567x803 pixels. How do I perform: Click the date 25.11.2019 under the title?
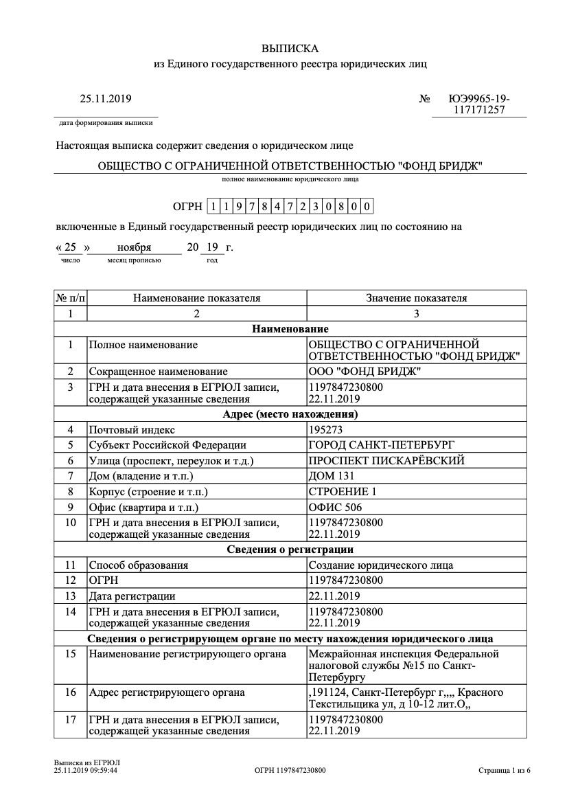(x=106, y=99)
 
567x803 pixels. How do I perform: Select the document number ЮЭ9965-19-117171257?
(x=479, y=104)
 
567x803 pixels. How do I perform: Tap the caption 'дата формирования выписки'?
(x=106, y=123)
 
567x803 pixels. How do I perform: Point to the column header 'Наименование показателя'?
(x=197, y=298)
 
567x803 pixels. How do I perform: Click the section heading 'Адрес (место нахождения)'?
(x=290, y=414)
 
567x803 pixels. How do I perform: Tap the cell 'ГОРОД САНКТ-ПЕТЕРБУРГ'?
(x=382, y=445)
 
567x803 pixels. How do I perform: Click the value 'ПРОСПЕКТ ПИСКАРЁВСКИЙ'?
(x=386, y=460)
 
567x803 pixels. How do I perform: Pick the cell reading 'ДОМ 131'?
(x=332, y=476)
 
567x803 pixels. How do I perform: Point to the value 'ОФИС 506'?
(x=336, y=508)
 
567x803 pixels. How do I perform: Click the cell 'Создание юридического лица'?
(x=381, y=565)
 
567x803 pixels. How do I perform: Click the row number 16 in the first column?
(x=70, y=692)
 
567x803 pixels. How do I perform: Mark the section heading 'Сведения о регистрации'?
(x=290, y=550)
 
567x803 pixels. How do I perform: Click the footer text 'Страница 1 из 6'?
(x=505, y=771)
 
